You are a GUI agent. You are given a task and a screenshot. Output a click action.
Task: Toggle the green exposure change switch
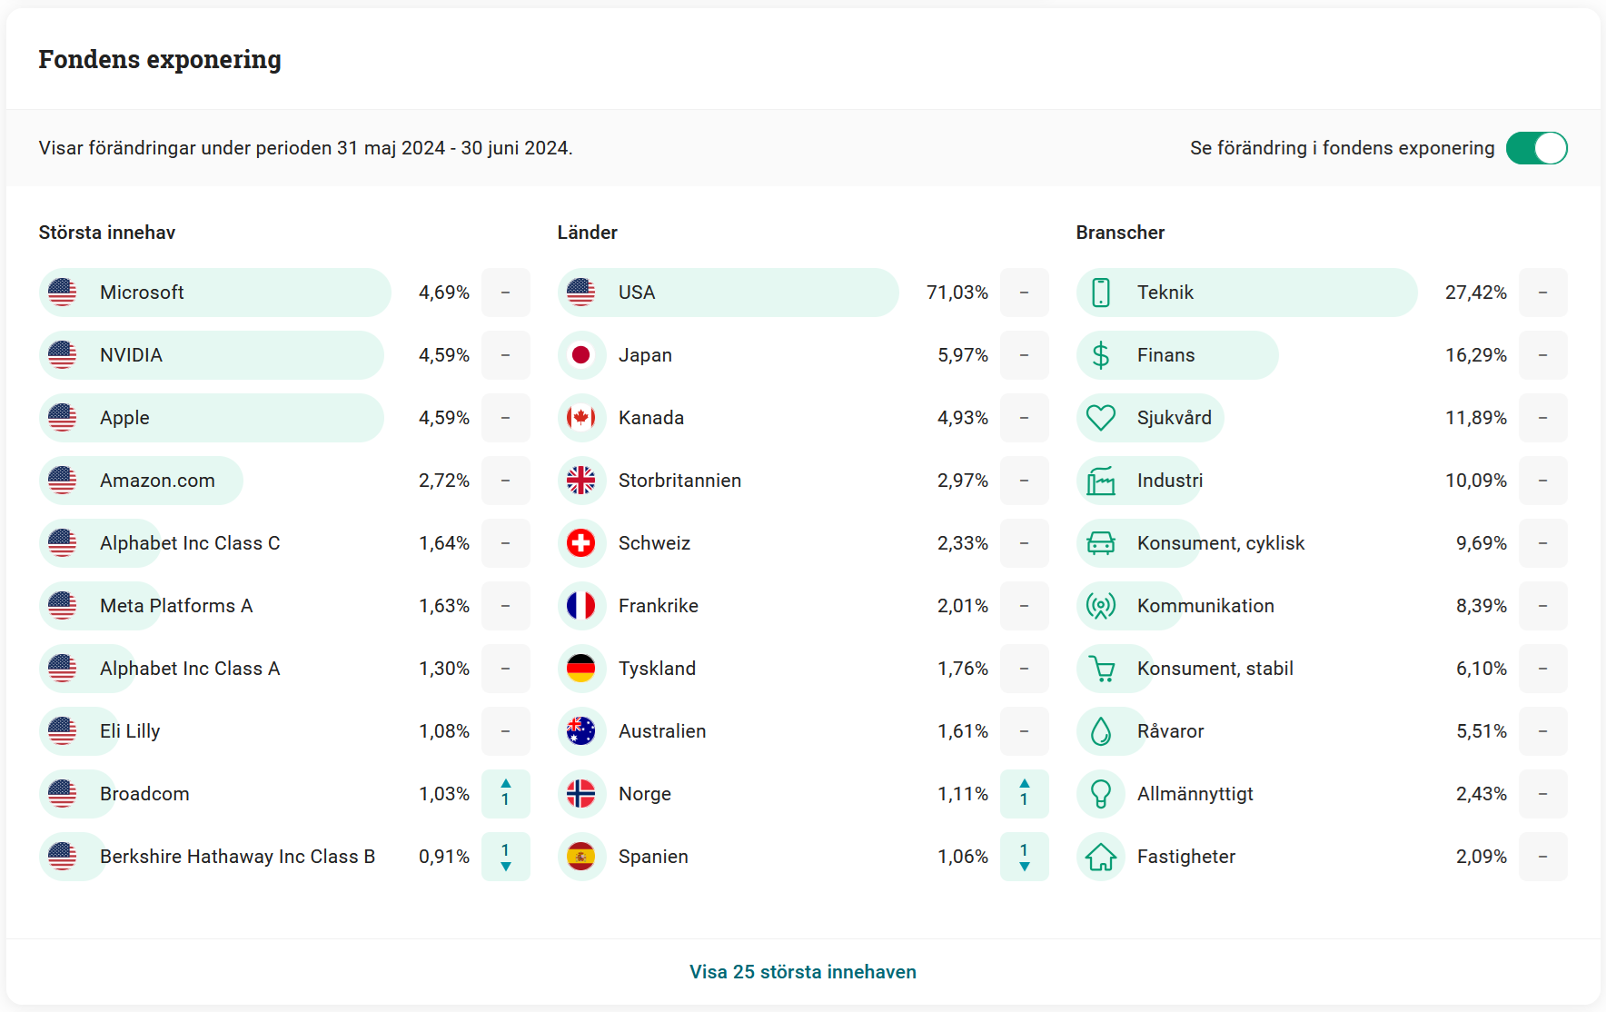pyautogui.click(x=1536, y=148)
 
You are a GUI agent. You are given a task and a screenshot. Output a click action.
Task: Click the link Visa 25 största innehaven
pyautogui.click(x=802, y=972)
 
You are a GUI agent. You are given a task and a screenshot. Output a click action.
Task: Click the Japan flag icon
pyautogui.click(x=580, y=355)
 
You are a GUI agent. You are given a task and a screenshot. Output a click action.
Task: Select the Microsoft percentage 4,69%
pyautogui.click(x=443, y=293)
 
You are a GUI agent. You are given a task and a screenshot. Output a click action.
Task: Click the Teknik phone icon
pyautogui.click(x=1100, y=293)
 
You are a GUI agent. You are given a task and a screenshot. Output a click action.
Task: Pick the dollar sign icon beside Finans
pyautogui.click(x=1100, y=355)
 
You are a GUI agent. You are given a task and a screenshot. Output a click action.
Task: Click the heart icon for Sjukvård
pyautogui.click(x=1100, y=418)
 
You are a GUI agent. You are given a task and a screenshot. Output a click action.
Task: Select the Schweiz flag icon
pyautogui.click(x=580, y=543)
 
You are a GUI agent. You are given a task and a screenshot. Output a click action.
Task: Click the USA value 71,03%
pyautogui.click(x=957, y=293)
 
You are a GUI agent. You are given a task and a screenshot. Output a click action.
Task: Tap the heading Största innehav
pyautogui.click(x=107, y=233)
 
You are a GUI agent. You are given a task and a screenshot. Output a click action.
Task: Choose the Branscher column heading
pyautogui.click(x=1120, y=233)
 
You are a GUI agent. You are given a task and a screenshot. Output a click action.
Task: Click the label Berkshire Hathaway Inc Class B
pyautogui.click(x=237, y=857)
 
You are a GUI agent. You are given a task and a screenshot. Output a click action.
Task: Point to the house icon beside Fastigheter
pyautogui.click(x=1100, y=857)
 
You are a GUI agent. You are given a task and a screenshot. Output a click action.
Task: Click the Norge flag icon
pyautogui.click(x=580, y=794)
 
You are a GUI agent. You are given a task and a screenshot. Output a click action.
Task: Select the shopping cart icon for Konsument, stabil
pyautogui.click(x=1101, y=670)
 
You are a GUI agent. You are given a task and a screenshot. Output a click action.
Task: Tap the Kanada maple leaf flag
pyautogui.click(x=580, y=418)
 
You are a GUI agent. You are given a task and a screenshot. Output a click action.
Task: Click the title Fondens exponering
pyautogui.click(x=160, y=60)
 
